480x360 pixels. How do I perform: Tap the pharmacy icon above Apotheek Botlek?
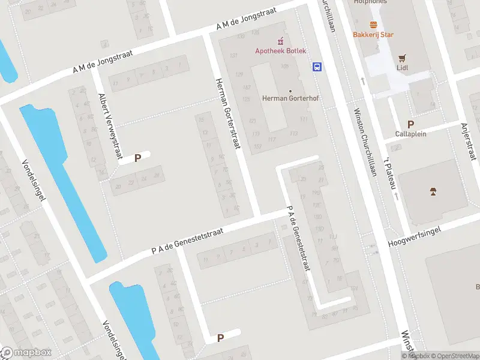pyautogui.click(x=280, y=41)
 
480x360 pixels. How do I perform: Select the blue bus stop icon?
pyautogui.click(x=317, y=67)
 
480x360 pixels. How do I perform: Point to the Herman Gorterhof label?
pyautogui.click(x=285, y=98)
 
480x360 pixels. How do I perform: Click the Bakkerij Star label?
pyautogui.click(x=373, y=34)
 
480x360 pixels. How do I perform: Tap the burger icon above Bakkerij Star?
pyautogui.click(x=374, y=25)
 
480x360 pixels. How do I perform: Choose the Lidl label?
pyautogui.click(x=403, y=68)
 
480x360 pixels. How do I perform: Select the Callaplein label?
pyautogui.click(x=411, y=134)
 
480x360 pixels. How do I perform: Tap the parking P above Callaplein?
pyautogui.click(x=411, y=124)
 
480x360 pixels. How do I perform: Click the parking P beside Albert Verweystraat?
pyautogui.click(x=138, y=158)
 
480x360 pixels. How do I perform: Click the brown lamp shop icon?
pyautogui.click(x=433, y=191)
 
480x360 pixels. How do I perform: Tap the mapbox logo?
pyautogui.click(x=27, y=353)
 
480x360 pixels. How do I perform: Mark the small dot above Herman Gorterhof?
pyautogui.click(x=290, y=91)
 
